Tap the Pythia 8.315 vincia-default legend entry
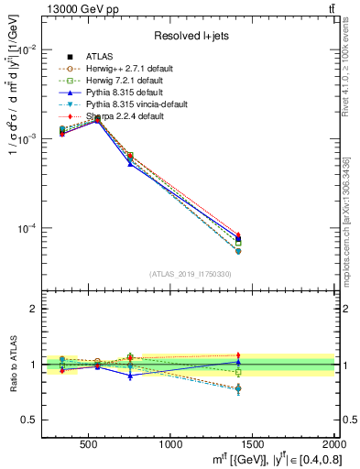[127, 104]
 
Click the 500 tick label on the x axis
[89, 443]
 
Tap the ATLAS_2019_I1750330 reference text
[191, 274]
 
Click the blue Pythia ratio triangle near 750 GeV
[130, 376]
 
